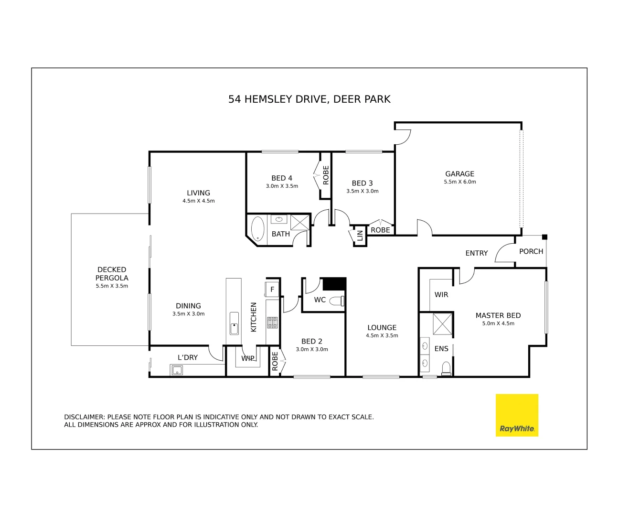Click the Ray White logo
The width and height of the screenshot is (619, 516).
click(x=517, y=415)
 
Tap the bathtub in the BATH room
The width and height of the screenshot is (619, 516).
click(x=257, y=228)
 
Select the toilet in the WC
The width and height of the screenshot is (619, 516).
click(x=337, y=301)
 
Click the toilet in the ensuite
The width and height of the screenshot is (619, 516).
click(x=446, y=368)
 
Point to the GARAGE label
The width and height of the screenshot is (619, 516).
click(x=459, y=174)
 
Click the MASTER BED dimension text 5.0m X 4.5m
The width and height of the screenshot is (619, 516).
click(x=498, y=323)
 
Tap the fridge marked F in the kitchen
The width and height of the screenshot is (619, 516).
click(x=272, y=290)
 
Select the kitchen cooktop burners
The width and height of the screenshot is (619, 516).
click(x=272, y=322)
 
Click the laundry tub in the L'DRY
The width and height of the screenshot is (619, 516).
click(x=177, y=370)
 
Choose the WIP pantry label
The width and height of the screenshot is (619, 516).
click(x=248, y=358)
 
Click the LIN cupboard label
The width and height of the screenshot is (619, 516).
click(x=360, y=236)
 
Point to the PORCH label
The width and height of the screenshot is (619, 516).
click(x=531, y=251)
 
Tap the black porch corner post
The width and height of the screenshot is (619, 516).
click(x=544, y=237)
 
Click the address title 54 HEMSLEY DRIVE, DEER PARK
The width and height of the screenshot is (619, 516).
click(x=309, y=99)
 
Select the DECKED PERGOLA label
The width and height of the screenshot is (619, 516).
click(x=112, y=274)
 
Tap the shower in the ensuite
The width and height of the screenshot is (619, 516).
click(x=443, y=324)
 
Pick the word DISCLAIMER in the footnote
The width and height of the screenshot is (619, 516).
click(x=84, y=417)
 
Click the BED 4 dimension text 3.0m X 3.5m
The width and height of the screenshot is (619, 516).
click(x=282, y=186)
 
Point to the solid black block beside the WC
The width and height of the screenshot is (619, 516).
click(x=334, y=284)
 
